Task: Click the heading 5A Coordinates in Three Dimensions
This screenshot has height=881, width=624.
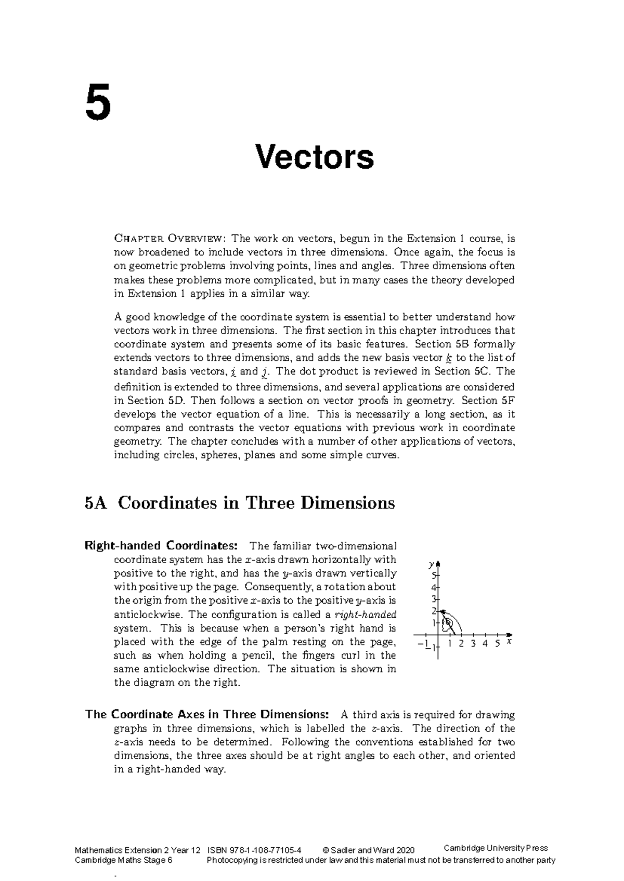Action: point(240,503)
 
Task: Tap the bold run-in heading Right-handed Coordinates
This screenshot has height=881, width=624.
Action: point(162,546)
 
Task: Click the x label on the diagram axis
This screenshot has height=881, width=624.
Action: point(509,642)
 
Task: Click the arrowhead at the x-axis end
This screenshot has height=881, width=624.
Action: point(509,635)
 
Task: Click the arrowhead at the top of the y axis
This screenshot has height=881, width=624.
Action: point(438,564)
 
